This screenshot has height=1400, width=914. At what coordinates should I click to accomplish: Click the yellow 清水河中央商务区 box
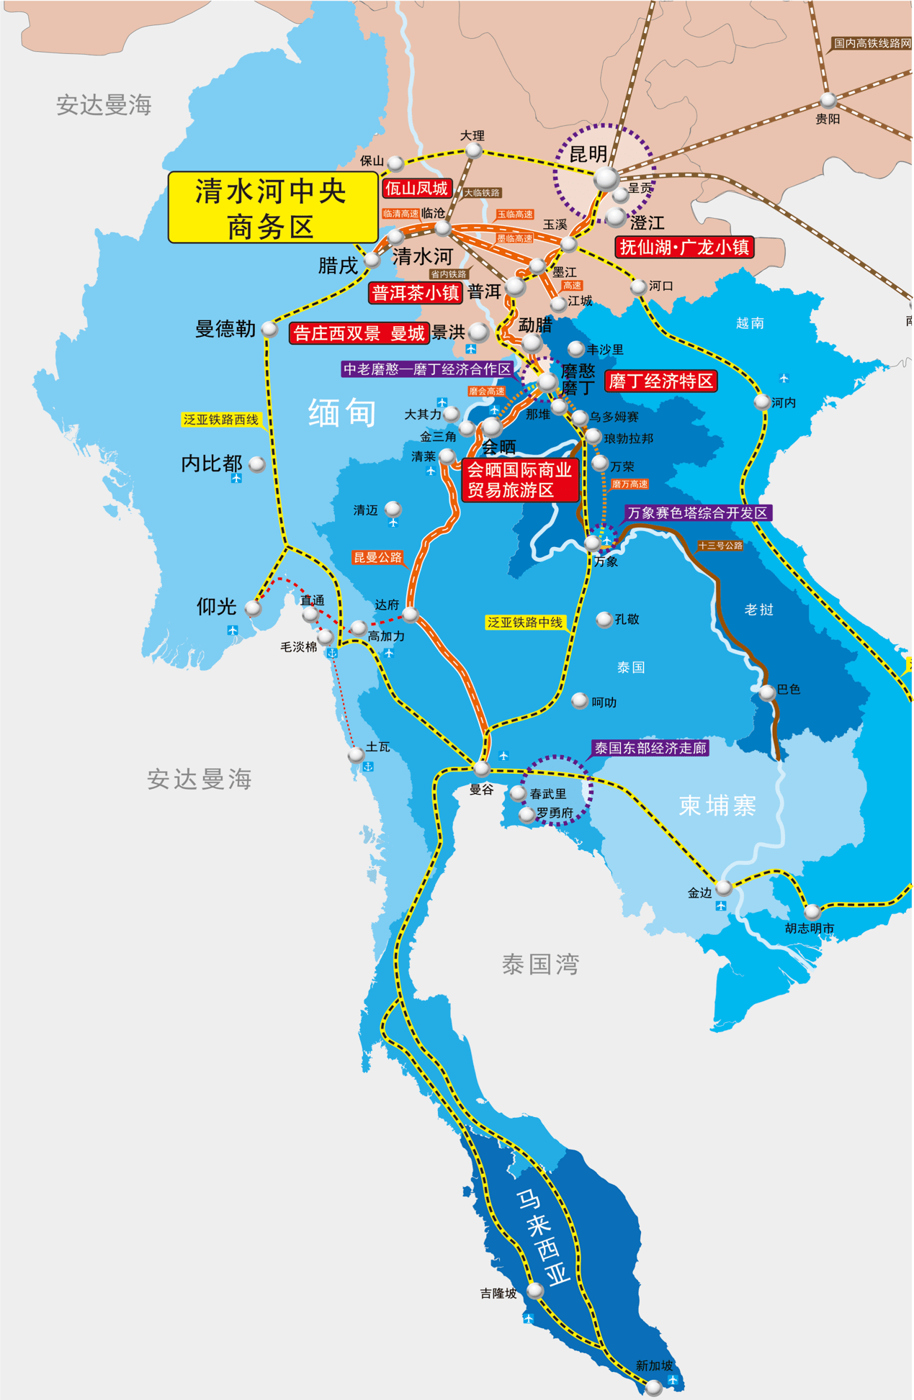[273, 207]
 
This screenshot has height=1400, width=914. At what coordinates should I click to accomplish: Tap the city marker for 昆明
[606, 178]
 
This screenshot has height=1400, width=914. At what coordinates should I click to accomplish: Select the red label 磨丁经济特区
[660, 381]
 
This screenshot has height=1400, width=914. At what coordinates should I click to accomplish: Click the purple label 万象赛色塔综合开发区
[696, 513]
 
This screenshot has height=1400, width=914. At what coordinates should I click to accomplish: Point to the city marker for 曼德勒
[269, 329]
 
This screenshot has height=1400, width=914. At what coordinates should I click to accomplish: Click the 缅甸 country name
[342, 413]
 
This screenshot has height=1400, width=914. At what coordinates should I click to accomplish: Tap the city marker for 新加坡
[653, 1386]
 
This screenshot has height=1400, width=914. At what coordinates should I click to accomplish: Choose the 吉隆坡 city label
[498, 1293]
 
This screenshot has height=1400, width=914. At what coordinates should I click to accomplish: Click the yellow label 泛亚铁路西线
[220, 420]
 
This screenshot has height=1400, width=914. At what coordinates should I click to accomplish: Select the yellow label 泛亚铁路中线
[524, 623]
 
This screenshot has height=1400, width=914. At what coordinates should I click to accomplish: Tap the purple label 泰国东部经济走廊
[650, 749]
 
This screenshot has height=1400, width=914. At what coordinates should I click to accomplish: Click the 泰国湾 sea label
[540, 964]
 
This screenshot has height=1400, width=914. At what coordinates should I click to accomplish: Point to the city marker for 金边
[724, 887]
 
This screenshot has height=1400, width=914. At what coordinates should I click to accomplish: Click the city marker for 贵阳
[828, 100]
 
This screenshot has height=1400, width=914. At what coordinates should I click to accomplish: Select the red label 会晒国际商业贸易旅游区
[519, 480]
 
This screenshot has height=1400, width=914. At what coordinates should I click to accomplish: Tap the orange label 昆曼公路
[377, 557]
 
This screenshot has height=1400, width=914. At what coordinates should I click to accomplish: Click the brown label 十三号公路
[720, 546]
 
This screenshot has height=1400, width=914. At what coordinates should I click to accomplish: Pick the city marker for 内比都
[256, 464]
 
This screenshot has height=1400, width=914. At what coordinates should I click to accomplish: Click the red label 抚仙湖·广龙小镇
[684, 247]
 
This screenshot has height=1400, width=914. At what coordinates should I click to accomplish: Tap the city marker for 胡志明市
[812, 911]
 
